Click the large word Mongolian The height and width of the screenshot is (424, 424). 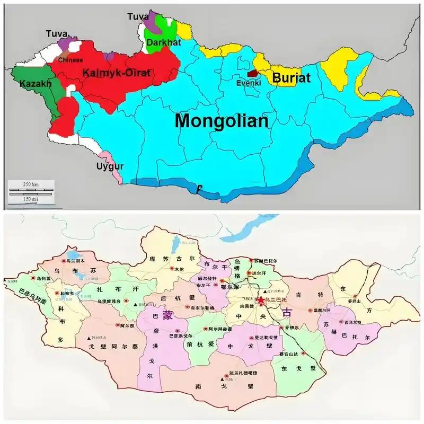(x=222, y=121)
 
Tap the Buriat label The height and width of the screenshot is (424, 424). (x=291, y=78)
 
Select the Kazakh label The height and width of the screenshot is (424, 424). (x=35, y=84)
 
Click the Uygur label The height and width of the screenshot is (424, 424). (x=110, y=166)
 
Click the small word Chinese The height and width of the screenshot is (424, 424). (x=70, y=60)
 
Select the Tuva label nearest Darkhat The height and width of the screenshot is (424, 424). (x=138, y=17)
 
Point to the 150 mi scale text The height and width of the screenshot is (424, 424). (x=31, y=198)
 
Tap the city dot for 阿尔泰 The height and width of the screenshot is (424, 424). (x=118, y=326)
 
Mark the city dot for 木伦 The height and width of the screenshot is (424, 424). (x=172, y=269)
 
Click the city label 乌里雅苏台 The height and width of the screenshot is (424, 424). (x=109, y=302)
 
